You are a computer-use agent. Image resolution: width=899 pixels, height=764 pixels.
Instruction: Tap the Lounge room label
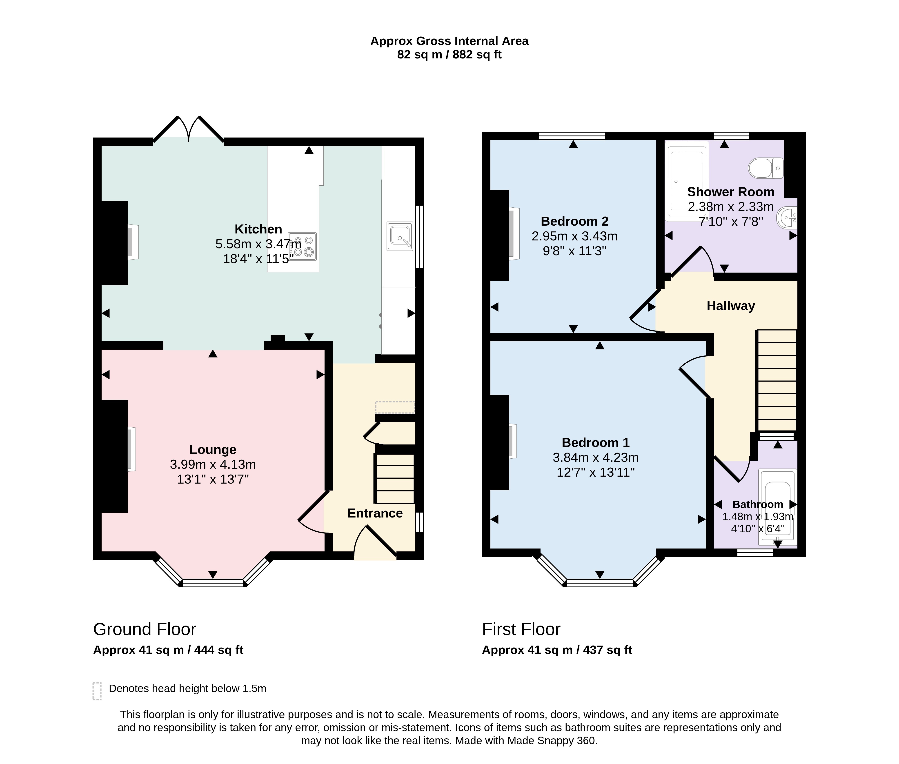(213, 450)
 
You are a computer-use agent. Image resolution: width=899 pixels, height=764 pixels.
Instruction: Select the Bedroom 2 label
(574, 221)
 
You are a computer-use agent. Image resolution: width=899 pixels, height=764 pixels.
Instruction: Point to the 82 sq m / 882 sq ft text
(449, 55)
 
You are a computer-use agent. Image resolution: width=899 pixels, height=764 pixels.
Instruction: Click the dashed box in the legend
(97, 691)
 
